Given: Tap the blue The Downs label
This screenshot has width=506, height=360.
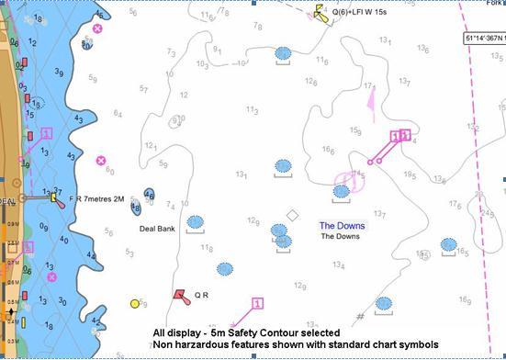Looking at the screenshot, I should click(342, 225).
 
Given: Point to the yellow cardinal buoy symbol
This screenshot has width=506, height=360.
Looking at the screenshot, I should click(320, 11).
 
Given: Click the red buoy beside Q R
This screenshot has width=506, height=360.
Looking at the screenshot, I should click(180, 295).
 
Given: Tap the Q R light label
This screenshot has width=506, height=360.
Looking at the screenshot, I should click(202, 296).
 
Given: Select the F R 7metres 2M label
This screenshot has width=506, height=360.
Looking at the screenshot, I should click(97, 197).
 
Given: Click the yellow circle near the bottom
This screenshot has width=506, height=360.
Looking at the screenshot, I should click(135, 303).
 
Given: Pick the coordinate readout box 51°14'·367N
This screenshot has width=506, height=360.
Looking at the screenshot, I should click(484, 39).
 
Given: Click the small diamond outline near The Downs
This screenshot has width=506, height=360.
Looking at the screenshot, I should click(292, 216).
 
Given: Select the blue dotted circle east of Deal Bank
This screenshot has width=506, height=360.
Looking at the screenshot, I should click(195, 222).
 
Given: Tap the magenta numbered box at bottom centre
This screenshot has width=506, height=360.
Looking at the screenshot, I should click(257, 303).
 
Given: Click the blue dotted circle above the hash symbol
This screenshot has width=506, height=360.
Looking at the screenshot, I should click(383, 303).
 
